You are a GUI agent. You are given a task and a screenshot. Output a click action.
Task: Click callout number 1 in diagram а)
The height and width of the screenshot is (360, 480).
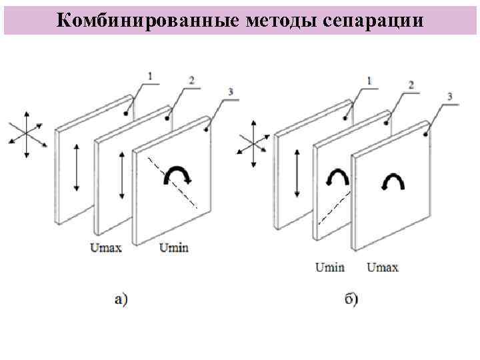[149, 77]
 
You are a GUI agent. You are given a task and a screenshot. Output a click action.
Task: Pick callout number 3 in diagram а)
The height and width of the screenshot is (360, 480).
[231, 92]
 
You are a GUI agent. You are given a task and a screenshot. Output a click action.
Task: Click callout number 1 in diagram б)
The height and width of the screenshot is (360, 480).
[369, 81]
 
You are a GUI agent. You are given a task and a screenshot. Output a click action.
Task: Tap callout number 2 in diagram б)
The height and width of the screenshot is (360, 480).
[411, 85]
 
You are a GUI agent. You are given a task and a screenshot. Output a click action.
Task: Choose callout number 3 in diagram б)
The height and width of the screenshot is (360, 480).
[450, 97]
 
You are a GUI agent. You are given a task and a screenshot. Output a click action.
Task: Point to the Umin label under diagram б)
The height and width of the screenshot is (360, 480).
[330, 267]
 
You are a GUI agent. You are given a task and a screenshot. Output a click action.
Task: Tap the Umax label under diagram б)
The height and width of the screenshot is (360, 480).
[383, 267]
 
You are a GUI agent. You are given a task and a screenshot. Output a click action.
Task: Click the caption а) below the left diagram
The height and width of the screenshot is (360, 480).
[121, 299]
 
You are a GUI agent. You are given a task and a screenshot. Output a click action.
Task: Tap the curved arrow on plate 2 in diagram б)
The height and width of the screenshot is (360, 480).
[337, 177]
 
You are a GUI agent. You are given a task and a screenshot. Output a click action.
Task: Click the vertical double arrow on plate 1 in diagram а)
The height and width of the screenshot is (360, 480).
[77, 166]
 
